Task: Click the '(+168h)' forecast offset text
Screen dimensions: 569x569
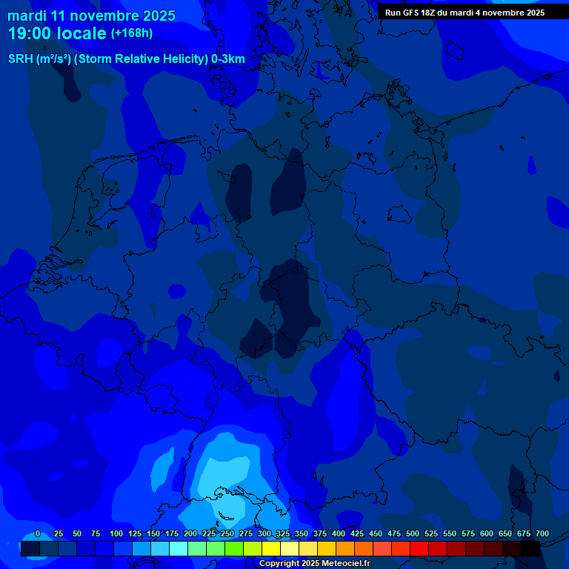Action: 132,33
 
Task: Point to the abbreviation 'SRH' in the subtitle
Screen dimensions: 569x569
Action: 21,59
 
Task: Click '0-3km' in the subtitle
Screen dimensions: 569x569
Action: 228,59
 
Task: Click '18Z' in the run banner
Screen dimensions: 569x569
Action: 431,13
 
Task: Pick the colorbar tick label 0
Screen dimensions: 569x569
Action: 38,534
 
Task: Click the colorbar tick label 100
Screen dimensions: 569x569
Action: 116,534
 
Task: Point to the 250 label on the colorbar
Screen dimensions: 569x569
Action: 227,534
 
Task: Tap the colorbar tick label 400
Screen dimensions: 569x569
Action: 339,534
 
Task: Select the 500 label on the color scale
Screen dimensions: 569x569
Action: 413,534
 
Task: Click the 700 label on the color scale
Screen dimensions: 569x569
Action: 542,534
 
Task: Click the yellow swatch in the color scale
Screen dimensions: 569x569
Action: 271,548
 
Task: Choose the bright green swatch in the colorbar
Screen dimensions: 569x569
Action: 234,548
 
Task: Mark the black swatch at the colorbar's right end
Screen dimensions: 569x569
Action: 530,548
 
